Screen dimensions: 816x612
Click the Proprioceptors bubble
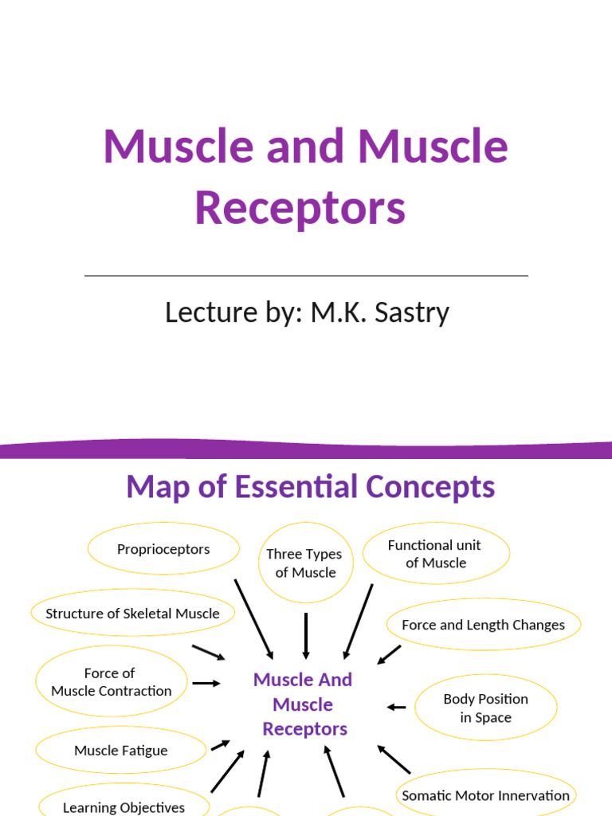pyautogui.click(x=163, y=549)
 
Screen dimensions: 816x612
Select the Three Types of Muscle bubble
pyautogui.click(x=304, y=563)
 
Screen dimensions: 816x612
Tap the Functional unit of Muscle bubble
pyautogui.click(x=435, y=554)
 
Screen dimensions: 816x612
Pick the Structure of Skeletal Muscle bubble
pyautogui.click(x=133, y=614)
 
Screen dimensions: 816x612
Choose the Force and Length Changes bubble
pyautogui.click(x=483, y=625)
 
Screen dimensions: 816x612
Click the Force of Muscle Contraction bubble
pyautogui.click(x=112, y=682)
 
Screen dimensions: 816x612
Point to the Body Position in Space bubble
pyautogui.click(x=486, y=708)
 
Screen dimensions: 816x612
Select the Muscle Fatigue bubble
pyautogui.click(x=121, y=751)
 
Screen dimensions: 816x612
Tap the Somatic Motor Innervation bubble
pyautogui.click(x=486, y=795)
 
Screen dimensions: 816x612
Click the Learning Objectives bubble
pyautogui.click(x=124, y=805)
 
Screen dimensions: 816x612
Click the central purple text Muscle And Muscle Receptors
pyautogui.click(x=303, y=704)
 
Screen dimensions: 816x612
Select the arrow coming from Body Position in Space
pyautogui.click(x=397, y=707)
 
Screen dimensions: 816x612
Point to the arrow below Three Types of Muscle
pyautogui.click(x=306, y=636)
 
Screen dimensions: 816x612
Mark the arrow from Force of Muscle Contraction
pyautogui.click(x=206, y=683)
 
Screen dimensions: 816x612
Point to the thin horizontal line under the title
pyautogui.click(x=306, y=276)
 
